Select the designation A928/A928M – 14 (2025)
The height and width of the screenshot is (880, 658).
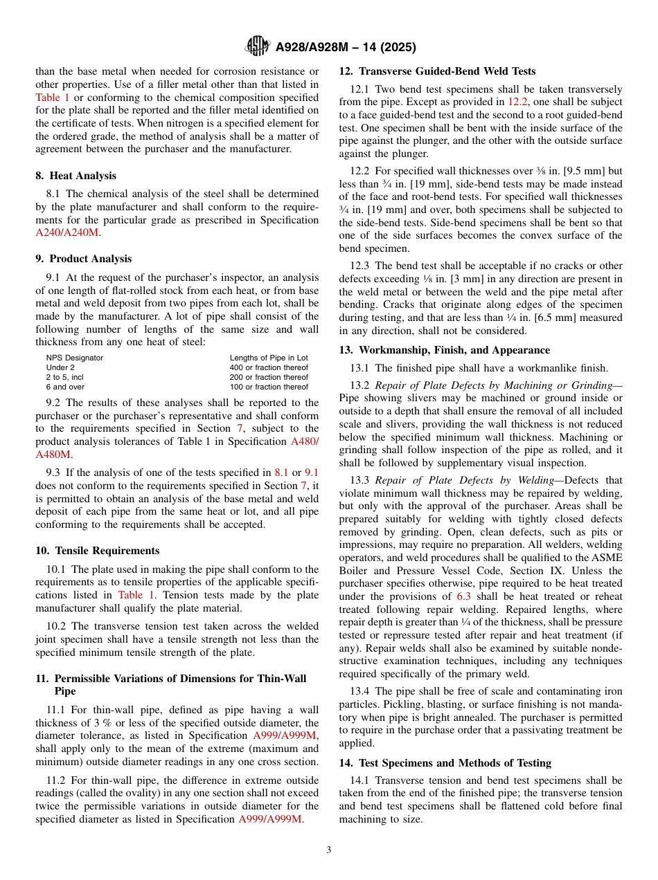(346, 48)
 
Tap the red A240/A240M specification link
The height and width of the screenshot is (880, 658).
(66, 232)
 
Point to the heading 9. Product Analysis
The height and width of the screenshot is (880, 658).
(83, 259)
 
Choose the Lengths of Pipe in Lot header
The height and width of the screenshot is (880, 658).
(269, 358)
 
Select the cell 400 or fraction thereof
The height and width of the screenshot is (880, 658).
(269, 367)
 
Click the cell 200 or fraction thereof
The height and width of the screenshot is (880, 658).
(269, 377)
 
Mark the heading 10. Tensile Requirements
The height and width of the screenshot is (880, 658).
(97, 551)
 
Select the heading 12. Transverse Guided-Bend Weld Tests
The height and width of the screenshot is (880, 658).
(437, 71)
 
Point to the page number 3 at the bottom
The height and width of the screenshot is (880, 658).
(329, 850)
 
